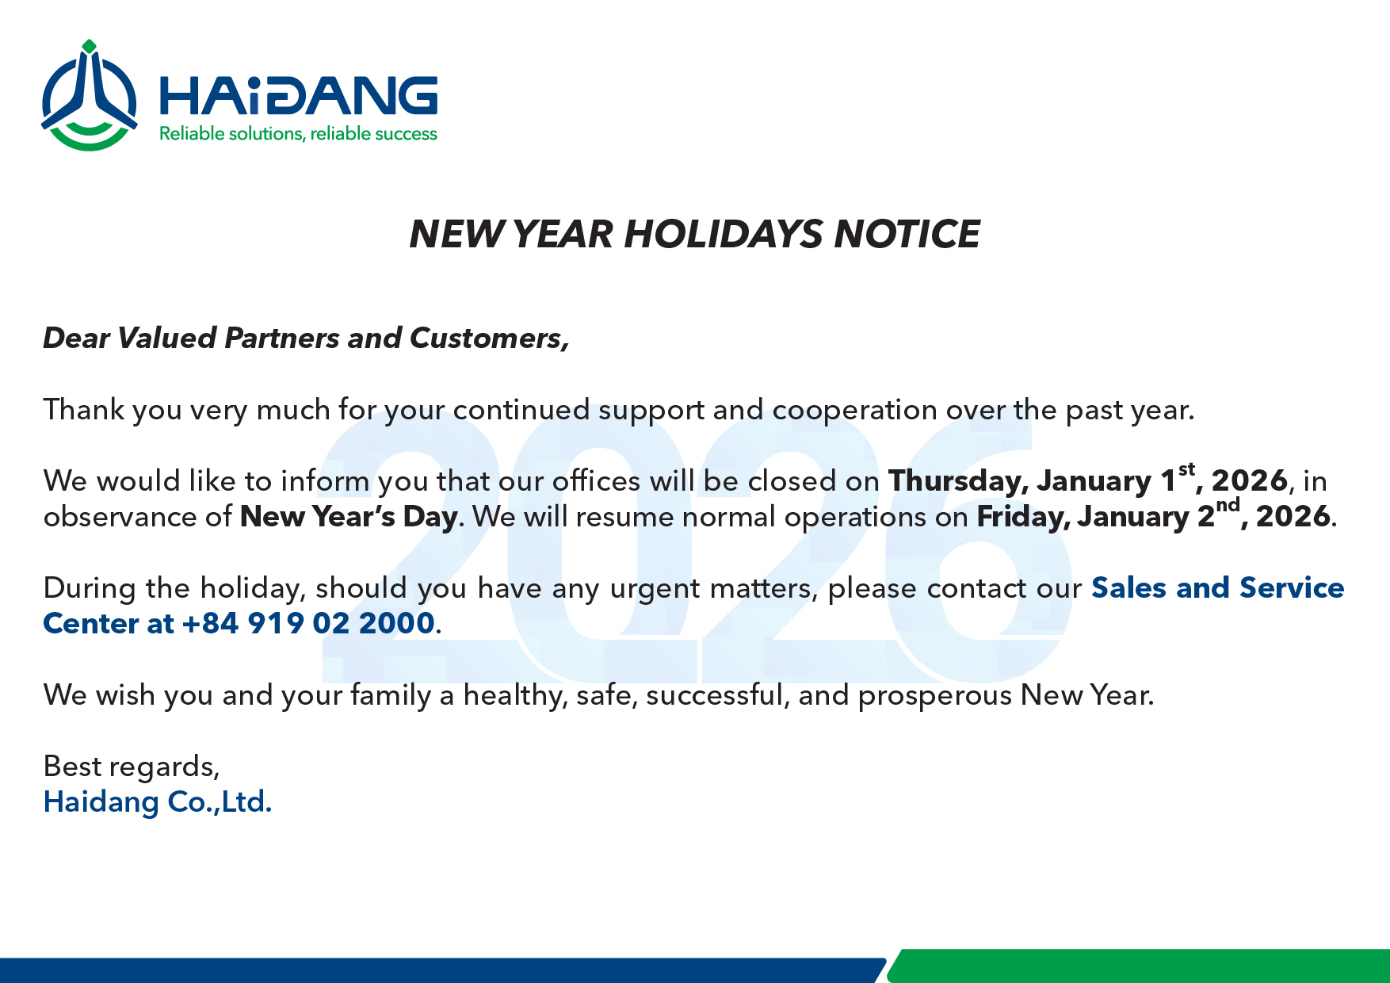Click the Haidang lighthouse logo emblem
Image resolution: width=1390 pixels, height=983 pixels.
[89, 96]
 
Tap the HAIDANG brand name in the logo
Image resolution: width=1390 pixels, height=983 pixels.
[299, 95]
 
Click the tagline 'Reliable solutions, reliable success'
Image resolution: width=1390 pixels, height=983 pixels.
[298, 134]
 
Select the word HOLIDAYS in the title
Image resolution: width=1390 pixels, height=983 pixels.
[724, 234]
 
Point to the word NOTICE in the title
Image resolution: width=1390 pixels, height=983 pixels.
[907, 234]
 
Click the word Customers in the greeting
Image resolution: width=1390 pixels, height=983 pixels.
[489, 339]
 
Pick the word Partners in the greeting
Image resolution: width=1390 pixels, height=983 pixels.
[281, 339]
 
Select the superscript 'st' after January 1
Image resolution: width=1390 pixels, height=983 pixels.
[1186, 469]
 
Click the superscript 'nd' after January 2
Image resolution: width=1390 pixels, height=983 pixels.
[1228, 505]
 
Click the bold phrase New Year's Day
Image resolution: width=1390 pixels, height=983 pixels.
[349, 517]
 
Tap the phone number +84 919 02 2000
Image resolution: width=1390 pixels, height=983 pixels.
[308, 623]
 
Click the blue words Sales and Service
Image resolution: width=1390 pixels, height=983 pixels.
[1217, 587]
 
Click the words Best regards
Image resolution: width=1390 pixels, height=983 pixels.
[132, 767]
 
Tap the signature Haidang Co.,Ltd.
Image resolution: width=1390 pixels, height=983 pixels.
[158, 802]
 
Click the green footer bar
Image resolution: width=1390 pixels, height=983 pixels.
[1139, 966]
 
